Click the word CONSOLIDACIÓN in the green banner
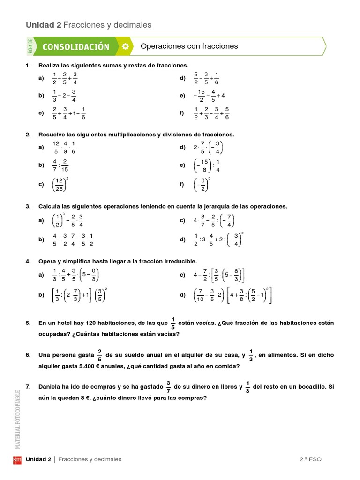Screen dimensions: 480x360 [x=75, y=46]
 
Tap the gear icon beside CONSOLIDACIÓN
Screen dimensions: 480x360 [x=125, y=46]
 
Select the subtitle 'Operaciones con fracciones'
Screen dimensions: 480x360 [x=189, y=46]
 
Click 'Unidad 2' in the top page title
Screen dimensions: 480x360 [x=43, y=25]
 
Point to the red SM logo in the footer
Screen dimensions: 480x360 [x=17, y=459]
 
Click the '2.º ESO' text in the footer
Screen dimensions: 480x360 [x=311, y=459]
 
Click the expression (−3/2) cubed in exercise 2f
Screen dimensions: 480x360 [x=202, y=185]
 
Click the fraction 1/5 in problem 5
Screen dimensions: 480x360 [x=172, y=323]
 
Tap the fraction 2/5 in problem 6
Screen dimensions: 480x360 [x=100, y=355]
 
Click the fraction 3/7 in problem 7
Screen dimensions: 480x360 [x=168, y=387]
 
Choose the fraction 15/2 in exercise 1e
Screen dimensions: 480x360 [x=201, y=95]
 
